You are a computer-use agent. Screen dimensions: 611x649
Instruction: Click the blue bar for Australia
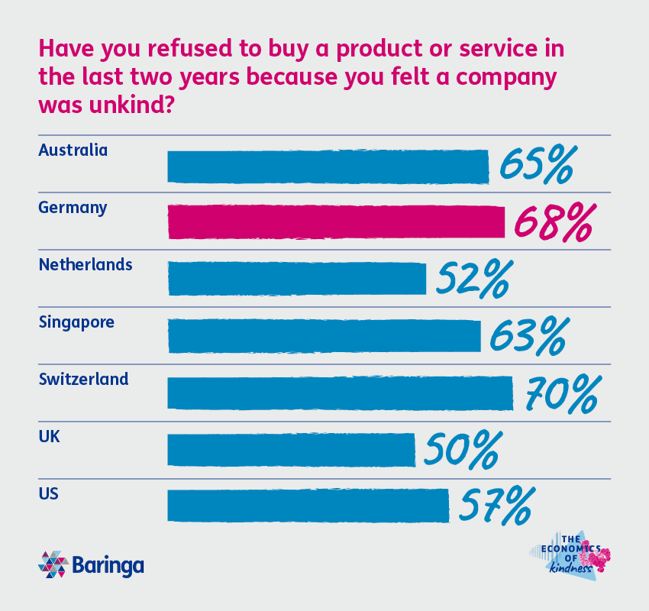click(x=328, y=166)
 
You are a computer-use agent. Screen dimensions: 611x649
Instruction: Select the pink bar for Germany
click(x=336, y=222)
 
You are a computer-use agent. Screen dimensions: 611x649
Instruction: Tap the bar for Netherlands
click(x=296, y=279)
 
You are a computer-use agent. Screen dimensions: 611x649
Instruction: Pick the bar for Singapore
click(x=324, y=336)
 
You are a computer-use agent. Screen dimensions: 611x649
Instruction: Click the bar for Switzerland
click(x=340, y=393)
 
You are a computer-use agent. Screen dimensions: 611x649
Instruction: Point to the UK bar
click(x=291, y=450)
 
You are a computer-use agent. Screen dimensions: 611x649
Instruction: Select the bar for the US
click(x=308, y=506)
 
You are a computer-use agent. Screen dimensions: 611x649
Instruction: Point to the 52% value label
click(x=473, y=279)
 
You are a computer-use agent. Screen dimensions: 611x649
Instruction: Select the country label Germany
click(x=73, y=208)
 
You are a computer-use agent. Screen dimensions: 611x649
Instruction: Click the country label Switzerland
click(x=83, y=379)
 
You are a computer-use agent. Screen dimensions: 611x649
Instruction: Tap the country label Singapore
click(x=76, y=322)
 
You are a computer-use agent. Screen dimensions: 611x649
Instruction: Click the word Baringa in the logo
click(x=108, y=566)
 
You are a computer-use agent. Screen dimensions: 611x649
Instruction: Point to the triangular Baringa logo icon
click(x=53, y=564)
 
